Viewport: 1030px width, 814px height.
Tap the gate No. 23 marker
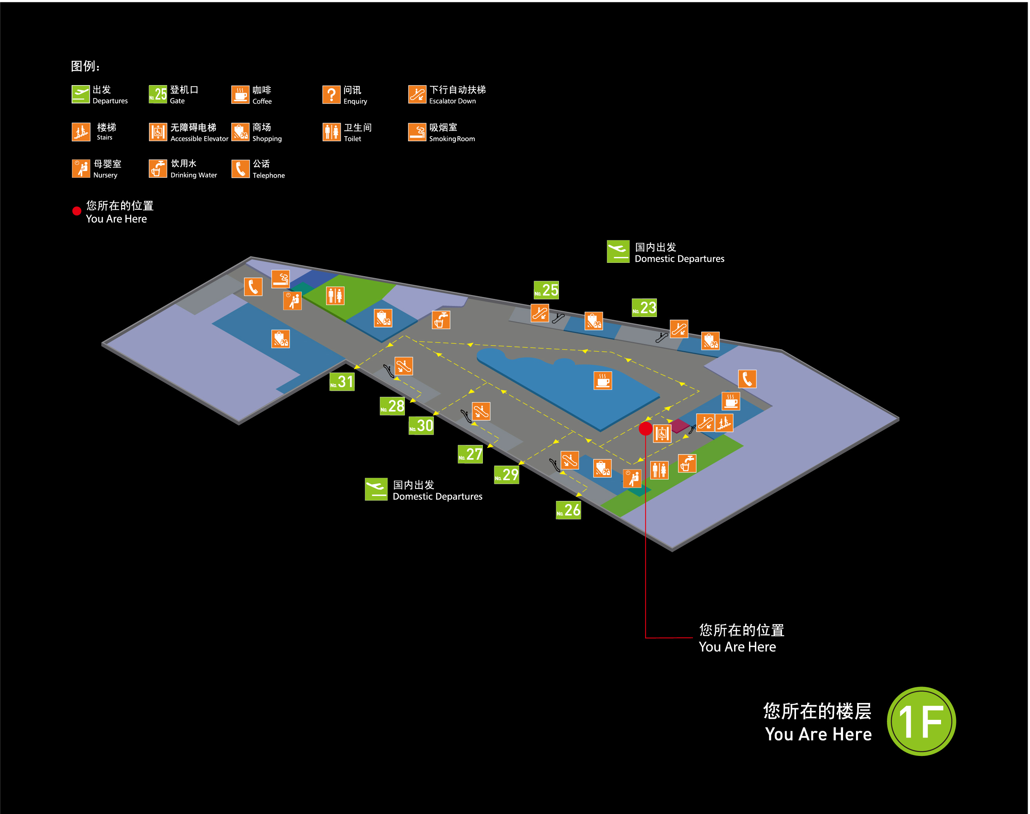pyautogui.click(x=644, y=308)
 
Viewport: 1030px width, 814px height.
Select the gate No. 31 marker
pyautogui.click(x=342, y=382)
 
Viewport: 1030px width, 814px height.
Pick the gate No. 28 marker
pyautogui.click(x=392, y=406)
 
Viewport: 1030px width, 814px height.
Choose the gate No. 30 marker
pyautogui.click(x=421, y=426)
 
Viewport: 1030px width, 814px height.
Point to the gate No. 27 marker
pyautogui.click(x=470, y=454)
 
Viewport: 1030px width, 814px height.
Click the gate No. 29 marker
pyautogui.click(x=506, y=475)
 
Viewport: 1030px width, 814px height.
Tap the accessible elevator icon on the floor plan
pyautogui.click(x=662, y=434)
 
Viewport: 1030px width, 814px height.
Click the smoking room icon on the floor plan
pyautogui.click(x=281, y=279)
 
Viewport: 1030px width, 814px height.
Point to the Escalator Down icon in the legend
pyautogui.click(x=417, y=95)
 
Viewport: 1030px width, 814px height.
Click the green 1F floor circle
pyautogui.click(x=921, y=721)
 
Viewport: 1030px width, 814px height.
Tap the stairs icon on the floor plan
pyautogui.click(x=724, y=423)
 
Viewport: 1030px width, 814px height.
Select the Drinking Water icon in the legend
pyautogui.click(x=158, y=168)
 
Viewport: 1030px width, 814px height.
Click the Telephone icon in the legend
pyautogui.click(x=241, y=169)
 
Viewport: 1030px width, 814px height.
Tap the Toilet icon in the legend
pyautogui.click(x=332, y=132)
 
